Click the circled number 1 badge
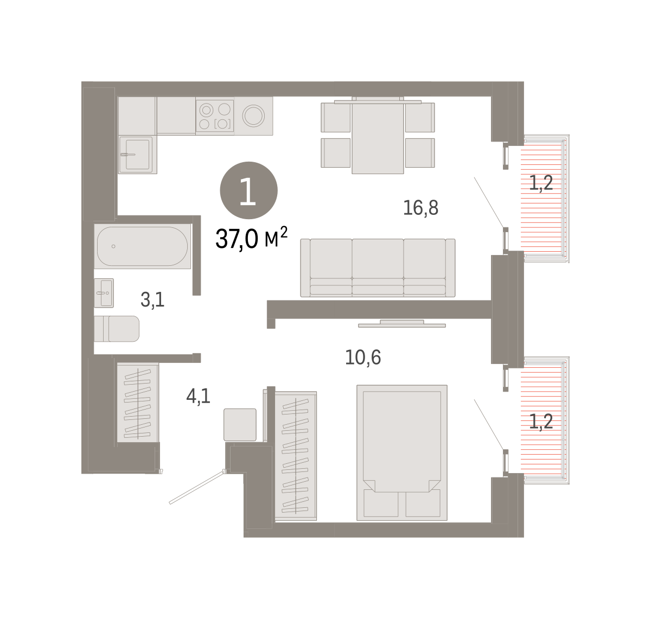point(248,190)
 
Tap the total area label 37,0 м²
point(251,238)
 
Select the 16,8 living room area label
point(420,208)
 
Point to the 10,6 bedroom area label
point(363,358)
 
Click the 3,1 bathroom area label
point(152,299)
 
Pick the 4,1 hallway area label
point(199,396)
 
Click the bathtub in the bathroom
point(142,246)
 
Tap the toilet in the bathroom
point(117,329)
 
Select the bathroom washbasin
point(104,293)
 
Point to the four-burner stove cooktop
point(215,116)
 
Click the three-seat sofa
point(378,267)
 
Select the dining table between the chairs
point(378,135)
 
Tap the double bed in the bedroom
point(402,452)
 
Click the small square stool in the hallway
point(240,425)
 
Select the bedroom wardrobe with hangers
point(296,456)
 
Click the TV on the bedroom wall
point(402,324)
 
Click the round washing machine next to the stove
point(253,116)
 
